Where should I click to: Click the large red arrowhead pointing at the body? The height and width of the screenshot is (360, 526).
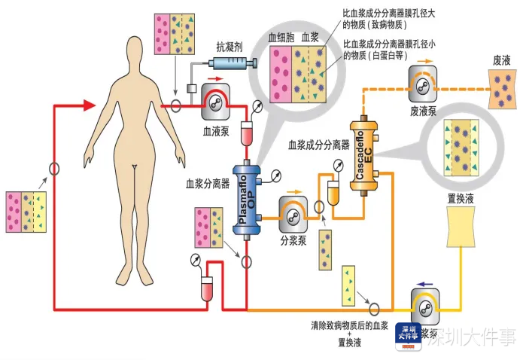92,105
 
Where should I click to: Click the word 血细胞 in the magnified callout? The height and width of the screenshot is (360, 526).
282,36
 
